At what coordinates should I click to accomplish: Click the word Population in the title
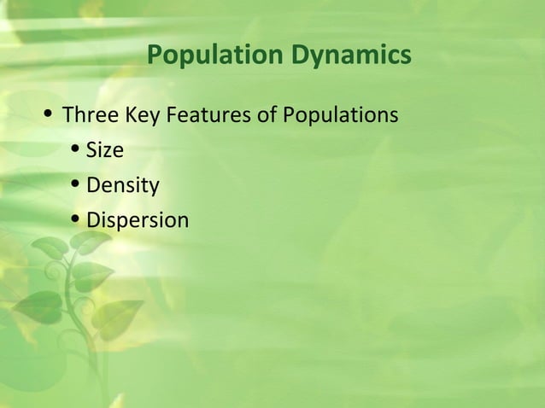click(x=210, y=57)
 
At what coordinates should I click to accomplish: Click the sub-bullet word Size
click(x=105, y=151)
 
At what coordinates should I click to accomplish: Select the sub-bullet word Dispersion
click(x=138, y=220)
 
